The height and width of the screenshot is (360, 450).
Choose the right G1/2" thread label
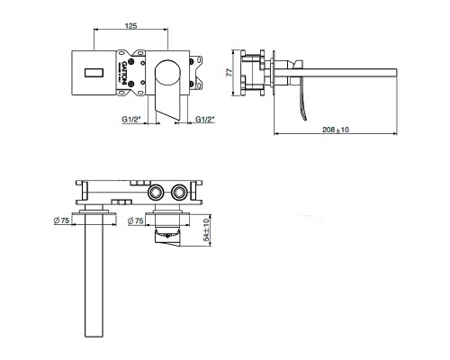[206, 118]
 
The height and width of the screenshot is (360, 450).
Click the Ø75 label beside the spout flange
[62, 221]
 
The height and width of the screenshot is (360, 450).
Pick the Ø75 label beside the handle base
[135, 221]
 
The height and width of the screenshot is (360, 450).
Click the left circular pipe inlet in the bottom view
[154, 190]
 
